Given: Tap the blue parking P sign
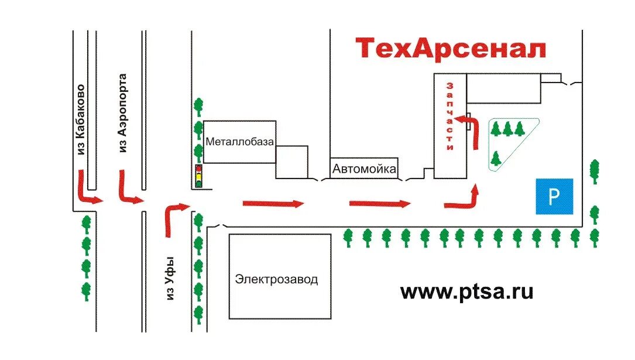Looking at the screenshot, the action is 554,197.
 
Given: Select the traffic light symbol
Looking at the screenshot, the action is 199,176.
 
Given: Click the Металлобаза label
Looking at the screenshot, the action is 240,142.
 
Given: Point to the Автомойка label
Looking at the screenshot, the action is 364,169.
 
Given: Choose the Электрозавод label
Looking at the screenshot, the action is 277,279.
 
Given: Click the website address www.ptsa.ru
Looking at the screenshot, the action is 467,291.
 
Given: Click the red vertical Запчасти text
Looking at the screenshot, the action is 450,116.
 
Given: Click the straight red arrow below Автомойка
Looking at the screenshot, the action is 380,204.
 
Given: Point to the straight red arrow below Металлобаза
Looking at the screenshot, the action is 273,204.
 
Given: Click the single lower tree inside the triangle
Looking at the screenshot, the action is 496,158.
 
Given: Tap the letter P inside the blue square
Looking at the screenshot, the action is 554,197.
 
